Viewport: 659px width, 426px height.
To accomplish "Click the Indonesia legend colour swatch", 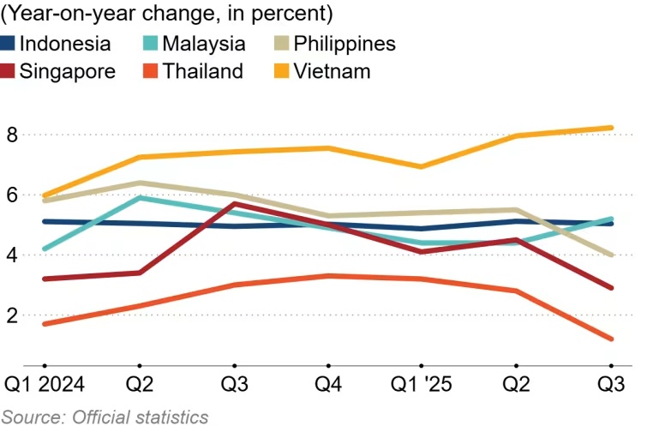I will [x=9, y=44].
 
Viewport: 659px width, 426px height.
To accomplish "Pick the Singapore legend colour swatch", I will [x=9, y=71].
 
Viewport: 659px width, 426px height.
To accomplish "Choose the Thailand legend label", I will [x=202, y=71].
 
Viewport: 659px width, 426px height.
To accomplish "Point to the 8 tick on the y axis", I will [x=12, y=135].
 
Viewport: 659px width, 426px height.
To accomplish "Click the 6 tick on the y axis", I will [x=12, y=195].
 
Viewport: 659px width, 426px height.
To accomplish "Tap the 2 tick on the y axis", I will [x=12, y=315].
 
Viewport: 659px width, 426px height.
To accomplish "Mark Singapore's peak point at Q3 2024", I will [x=234, y=204].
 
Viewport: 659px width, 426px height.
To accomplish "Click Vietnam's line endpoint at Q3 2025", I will [x=610, y=129].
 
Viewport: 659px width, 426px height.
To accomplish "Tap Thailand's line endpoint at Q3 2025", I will [x=610, y=339].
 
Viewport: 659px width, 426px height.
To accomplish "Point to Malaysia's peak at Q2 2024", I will [x=139, y=197].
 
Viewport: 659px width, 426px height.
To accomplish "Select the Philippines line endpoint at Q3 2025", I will [x=610, y=255].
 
